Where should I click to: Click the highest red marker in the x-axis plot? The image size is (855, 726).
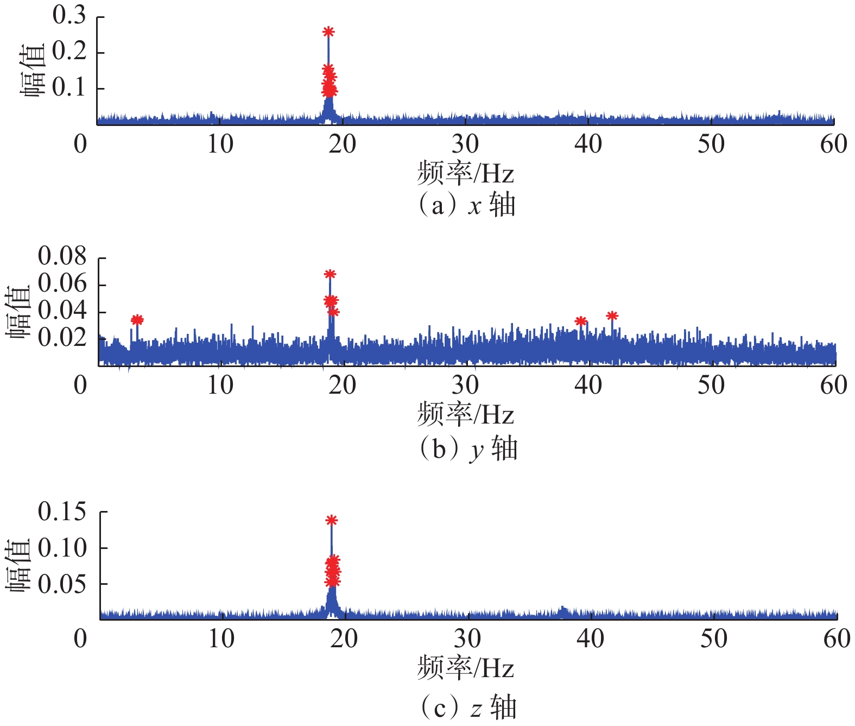pos(328,31)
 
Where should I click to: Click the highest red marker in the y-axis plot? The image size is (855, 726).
pos(330,274)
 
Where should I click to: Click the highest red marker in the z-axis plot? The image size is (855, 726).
pos(332,520)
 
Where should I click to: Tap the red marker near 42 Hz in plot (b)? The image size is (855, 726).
pos(612,315)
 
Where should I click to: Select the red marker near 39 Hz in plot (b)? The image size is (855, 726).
pos(581,321)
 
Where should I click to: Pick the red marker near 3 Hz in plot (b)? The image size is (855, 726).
pos(137,320)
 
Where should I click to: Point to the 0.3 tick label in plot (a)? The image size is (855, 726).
pos(69,15)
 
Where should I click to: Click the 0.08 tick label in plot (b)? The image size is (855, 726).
pos(62,256)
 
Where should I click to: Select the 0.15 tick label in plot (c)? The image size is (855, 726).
pos(62,512)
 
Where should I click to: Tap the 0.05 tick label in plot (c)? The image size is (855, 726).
pos(62,584)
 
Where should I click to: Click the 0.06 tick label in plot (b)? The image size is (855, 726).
pos(62,283)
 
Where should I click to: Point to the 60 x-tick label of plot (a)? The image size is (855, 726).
pos(834,144)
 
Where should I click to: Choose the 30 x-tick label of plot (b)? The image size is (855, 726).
pos(466,386)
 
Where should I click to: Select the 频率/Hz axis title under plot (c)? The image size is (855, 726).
pos(466,668)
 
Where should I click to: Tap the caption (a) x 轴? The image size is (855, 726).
pos(467,206)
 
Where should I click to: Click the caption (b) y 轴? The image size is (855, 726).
pos(468,449)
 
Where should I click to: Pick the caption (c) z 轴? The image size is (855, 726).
pos(468,708)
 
